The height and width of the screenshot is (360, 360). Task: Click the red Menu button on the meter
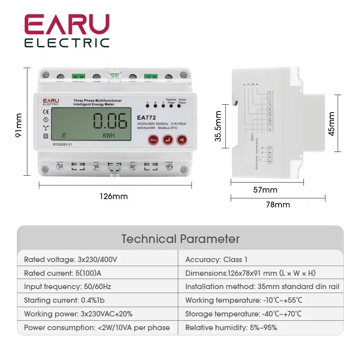153,140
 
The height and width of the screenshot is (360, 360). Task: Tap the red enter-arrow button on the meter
167,140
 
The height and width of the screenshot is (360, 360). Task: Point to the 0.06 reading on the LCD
110,121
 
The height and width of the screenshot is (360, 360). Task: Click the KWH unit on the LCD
108,136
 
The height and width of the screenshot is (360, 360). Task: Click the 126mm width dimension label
114,197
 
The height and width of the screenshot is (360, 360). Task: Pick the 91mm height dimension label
19,125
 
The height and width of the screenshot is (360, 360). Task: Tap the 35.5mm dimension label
218,126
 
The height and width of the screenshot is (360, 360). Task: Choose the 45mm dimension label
332,123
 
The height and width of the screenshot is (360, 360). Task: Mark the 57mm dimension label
265,190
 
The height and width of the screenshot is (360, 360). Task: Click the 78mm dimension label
278,204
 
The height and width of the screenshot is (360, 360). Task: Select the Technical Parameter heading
180,239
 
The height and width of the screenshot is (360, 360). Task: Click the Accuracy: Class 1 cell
216,260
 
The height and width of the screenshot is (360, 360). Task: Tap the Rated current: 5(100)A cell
63,273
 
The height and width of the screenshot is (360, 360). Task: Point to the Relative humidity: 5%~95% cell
231,328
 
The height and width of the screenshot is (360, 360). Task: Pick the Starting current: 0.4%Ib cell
64,300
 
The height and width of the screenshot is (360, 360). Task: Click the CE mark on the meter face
46,111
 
